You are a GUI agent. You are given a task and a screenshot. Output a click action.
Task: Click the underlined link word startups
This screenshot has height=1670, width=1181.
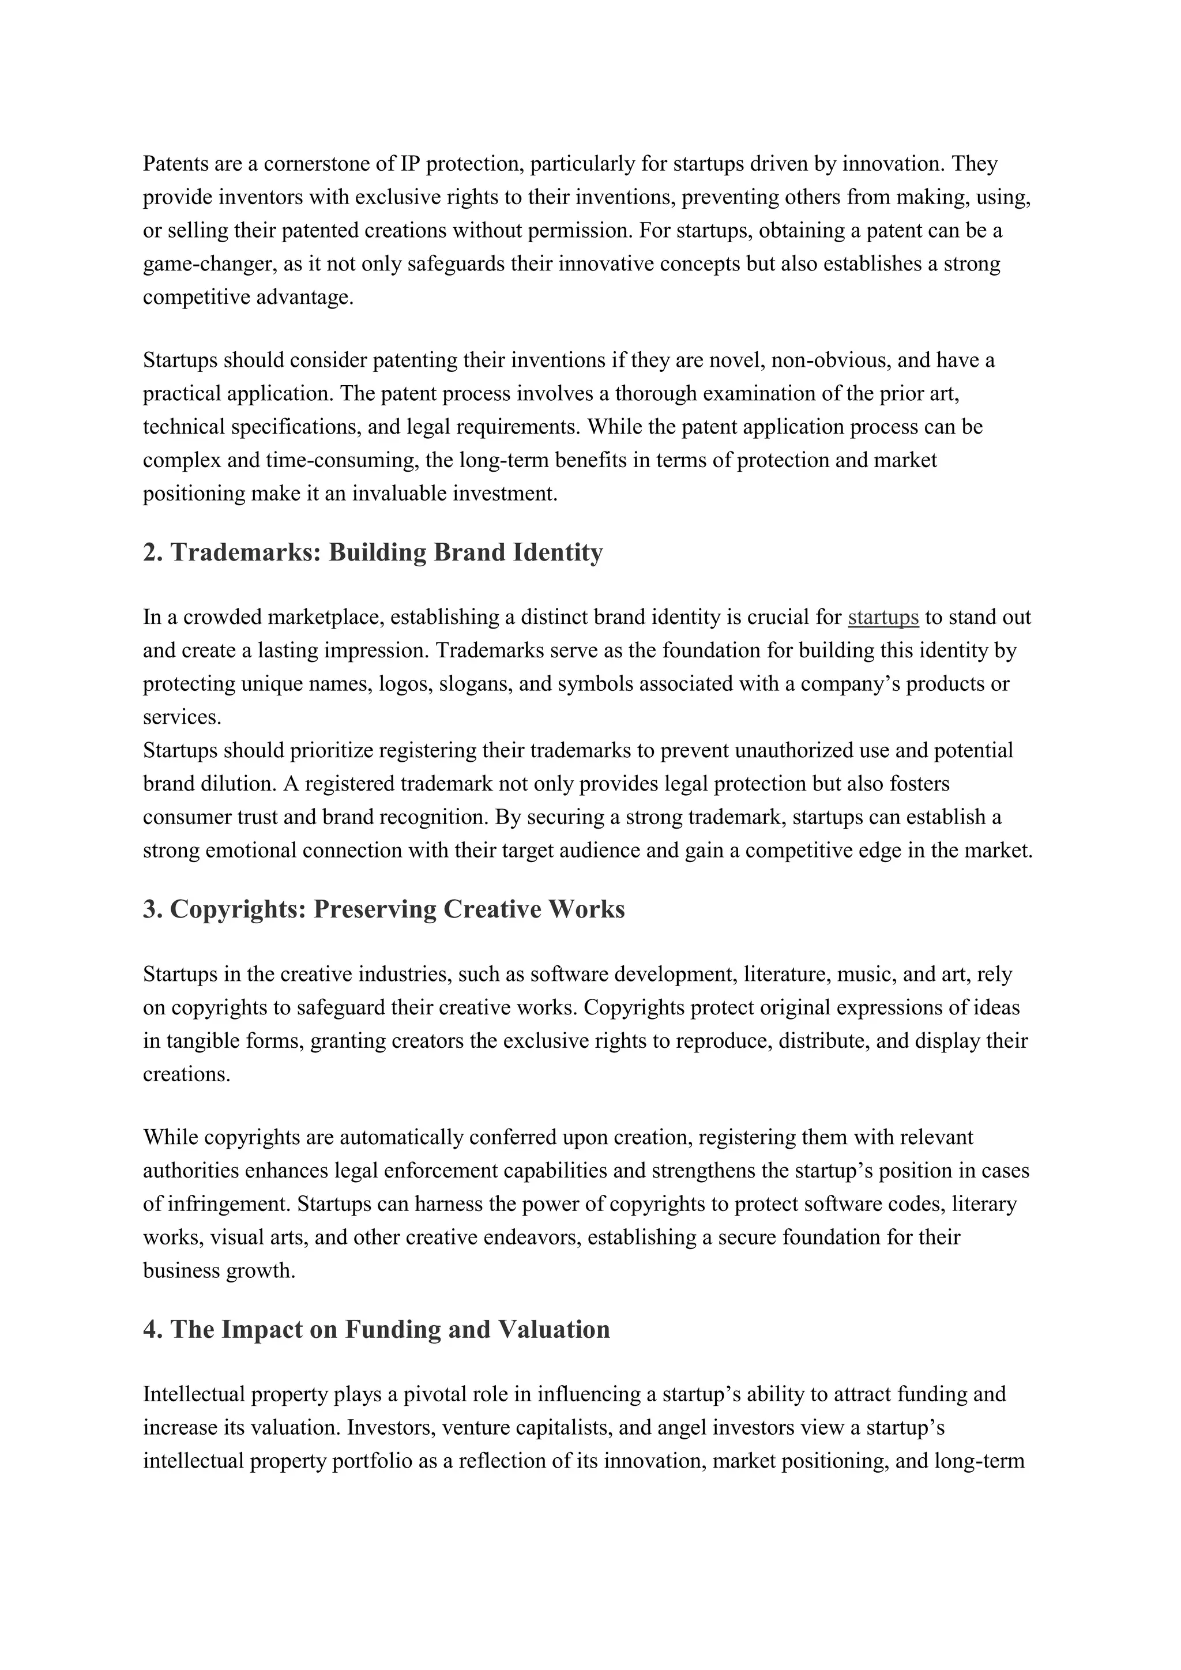pyautogui.click(x=883, y=618)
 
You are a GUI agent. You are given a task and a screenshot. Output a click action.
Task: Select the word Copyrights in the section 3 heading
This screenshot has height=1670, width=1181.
pyautogui.click(x=238, y=909)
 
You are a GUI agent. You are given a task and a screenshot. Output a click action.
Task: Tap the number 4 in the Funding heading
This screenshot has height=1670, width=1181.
pyautogui.click(x=151, y=1330)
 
